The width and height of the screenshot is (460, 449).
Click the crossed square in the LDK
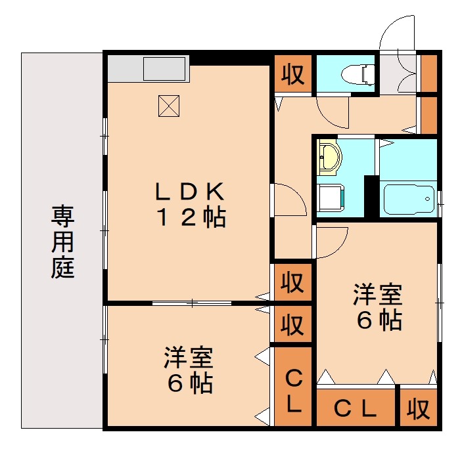pyautogui.click(x=169, y=106)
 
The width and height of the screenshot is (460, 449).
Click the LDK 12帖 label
pyautogui.click(x=190, y=204)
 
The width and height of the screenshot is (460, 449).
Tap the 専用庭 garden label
pyautogui.click(x=63, y=241)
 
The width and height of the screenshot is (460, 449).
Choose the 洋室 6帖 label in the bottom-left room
pyautogui.click(x=189, y=370)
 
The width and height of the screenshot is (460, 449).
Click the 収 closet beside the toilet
pyautogui.click(x=293, y=75)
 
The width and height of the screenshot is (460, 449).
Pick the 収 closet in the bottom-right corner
pyautogui.click(x=417, y=409)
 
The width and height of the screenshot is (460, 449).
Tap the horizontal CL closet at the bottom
pyautogui.click(x=356, y=409)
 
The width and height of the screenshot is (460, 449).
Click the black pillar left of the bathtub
pyautogui.click(x=372, y=196)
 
